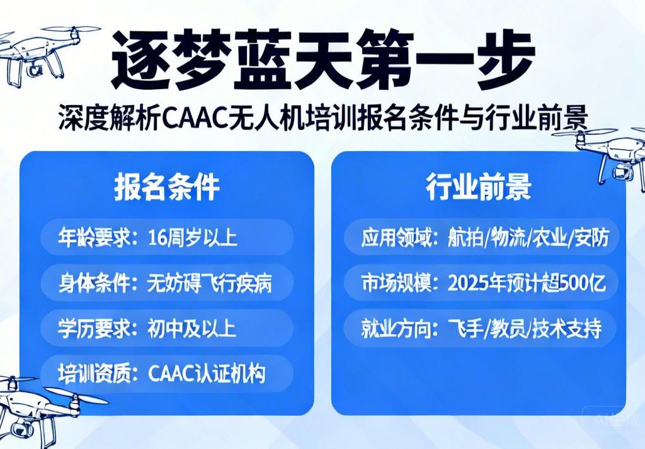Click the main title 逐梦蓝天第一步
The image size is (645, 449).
pyautogui.click(x=322, y=60)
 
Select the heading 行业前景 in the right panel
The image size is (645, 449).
pyautogui.click(x=478, y=188)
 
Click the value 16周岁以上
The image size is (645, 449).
pyautogui.click(x=192, y=238)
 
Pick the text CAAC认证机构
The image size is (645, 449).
pyautogui.click(x=207, y=373)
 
